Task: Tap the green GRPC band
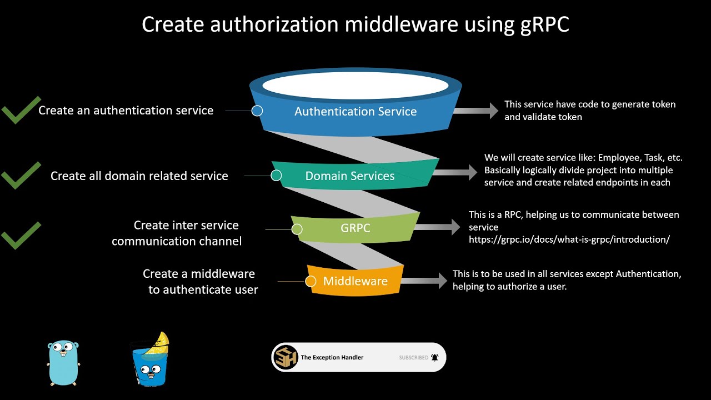[355, 228]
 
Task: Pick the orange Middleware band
[355, 281]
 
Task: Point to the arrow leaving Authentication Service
[476, 111]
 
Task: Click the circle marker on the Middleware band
[311, 281]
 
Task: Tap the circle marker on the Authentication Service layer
[257, 111]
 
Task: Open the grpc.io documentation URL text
[569, 239]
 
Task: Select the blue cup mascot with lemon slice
[148, 361]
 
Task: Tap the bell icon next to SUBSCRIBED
[434, 358]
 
